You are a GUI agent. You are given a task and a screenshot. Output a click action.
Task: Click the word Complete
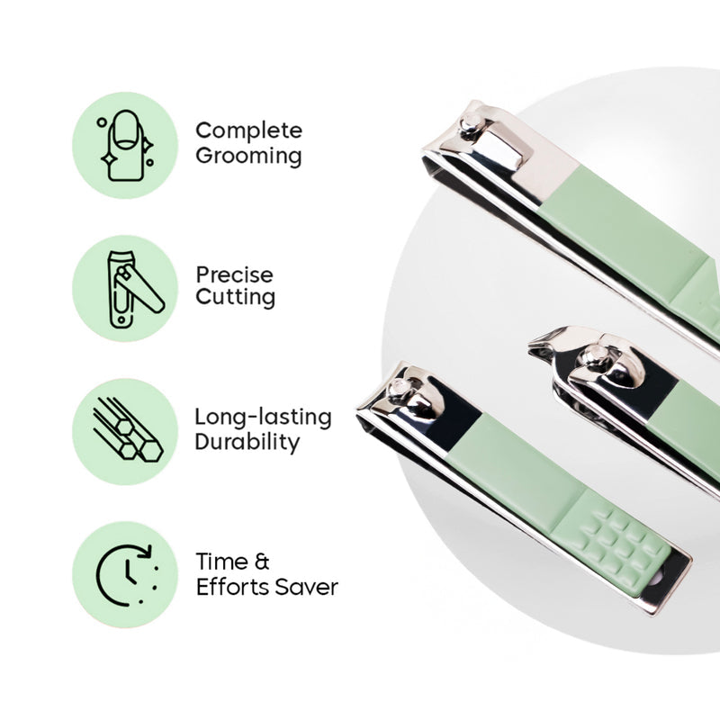(248, 131)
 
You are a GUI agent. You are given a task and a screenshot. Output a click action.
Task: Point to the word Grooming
(248, 156)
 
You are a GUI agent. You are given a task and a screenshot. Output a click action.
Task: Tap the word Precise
(234, 274)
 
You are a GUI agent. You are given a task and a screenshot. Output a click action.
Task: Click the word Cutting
(235, 297)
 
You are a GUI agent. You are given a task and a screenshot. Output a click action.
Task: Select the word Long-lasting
(263, 418)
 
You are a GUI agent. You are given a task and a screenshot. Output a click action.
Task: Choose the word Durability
(247, 442)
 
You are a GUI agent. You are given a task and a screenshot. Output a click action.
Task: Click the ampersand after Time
(262, 562)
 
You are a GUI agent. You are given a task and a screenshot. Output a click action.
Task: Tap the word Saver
(308, 587)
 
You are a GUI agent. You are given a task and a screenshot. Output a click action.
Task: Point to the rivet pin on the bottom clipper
(396, 390)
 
